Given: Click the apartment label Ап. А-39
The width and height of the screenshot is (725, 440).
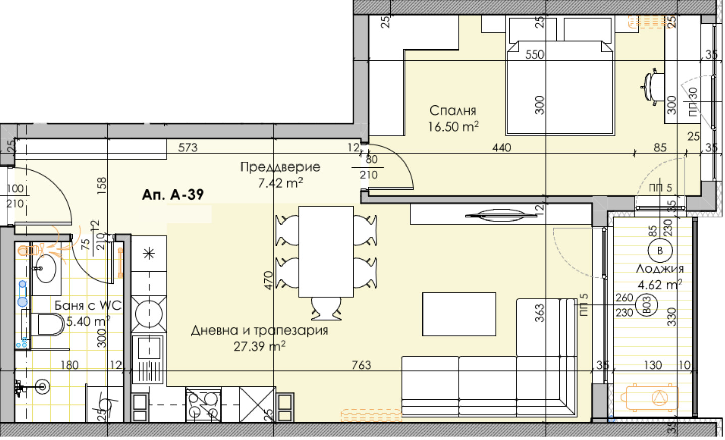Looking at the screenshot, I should pos(172,195).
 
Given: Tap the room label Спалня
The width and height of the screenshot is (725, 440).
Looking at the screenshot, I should pos(453,111).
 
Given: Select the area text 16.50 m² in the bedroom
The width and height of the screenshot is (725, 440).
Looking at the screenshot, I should pos(453,127).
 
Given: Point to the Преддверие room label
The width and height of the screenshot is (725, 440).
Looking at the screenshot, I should pos(280,167).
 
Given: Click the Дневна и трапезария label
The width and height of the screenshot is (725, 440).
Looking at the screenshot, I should pos(259,331).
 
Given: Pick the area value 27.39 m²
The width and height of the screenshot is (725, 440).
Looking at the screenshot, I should pos(259,346).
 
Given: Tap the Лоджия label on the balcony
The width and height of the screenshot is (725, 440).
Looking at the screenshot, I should pos(659,269).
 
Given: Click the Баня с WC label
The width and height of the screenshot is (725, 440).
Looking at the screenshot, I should pos(88,305).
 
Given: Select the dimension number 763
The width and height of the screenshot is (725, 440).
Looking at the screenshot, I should pos(361,365).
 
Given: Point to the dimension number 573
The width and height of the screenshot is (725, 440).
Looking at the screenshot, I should pos(188,148).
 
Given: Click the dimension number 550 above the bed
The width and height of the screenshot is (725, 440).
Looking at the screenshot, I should pos(534,54).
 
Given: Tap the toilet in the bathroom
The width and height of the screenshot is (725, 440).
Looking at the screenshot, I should pos(49,324).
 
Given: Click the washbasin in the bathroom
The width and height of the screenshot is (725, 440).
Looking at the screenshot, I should pos(46,269).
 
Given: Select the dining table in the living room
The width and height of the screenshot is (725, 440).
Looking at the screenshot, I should pos(326,251).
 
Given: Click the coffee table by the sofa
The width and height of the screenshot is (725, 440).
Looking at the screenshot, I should pos(459,314).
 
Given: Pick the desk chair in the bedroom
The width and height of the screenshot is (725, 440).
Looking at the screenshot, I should pos(652,86).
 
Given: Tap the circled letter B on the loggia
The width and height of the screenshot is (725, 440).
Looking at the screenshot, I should pos(660,251).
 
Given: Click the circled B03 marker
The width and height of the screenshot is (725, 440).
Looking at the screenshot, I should pos(647,306).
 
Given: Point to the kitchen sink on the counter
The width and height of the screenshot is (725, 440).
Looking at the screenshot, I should pos(149,348).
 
